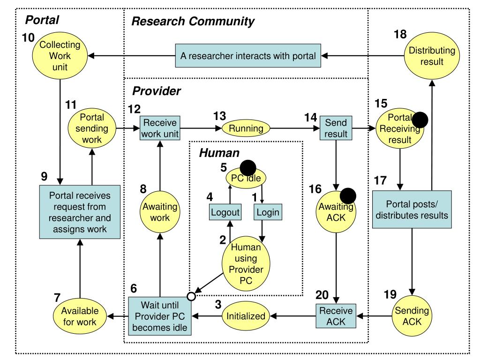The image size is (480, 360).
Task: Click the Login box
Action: point(267,212)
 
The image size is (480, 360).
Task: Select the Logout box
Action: point(225,212)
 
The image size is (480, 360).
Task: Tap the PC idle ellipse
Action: point(246,178)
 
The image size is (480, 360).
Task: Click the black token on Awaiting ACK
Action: point(348,195)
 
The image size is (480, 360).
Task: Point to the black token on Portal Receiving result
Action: point(420,120)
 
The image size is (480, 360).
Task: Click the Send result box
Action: point(336,128)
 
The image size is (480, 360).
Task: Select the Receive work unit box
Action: point(160,128)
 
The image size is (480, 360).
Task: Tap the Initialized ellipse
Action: point(246,316)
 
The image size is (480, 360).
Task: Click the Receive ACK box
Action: point(336,316)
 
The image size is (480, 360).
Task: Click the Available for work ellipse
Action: point(80,316)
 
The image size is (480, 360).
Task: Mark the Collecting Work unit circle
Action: point(60,56)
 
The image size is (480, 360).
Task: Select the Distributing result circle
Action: point(426,56)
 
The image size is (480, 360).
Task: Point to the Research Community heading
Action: point(193,21)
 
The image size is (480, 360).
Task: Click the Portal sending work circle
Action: point(92,128)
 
